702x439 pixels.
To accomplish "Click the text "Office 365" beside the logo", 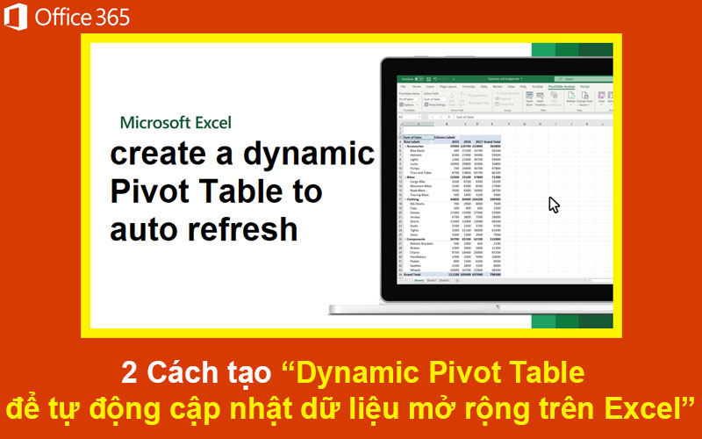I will (82, 17).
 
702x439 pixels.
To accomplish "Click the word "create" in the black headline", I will (159, 154).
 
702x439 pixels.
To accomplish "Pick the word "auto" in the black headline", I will (141, 229).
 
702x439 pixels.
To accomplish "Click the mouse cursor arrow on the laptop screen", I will (554, 204).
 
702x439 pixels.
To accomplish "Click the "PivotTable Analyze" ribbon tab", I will (562, 87).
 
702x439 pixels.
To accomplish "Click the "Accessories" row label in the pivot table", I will (416, 146).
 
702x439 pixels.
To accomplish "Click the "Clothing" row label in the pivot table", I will (413, 198).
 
